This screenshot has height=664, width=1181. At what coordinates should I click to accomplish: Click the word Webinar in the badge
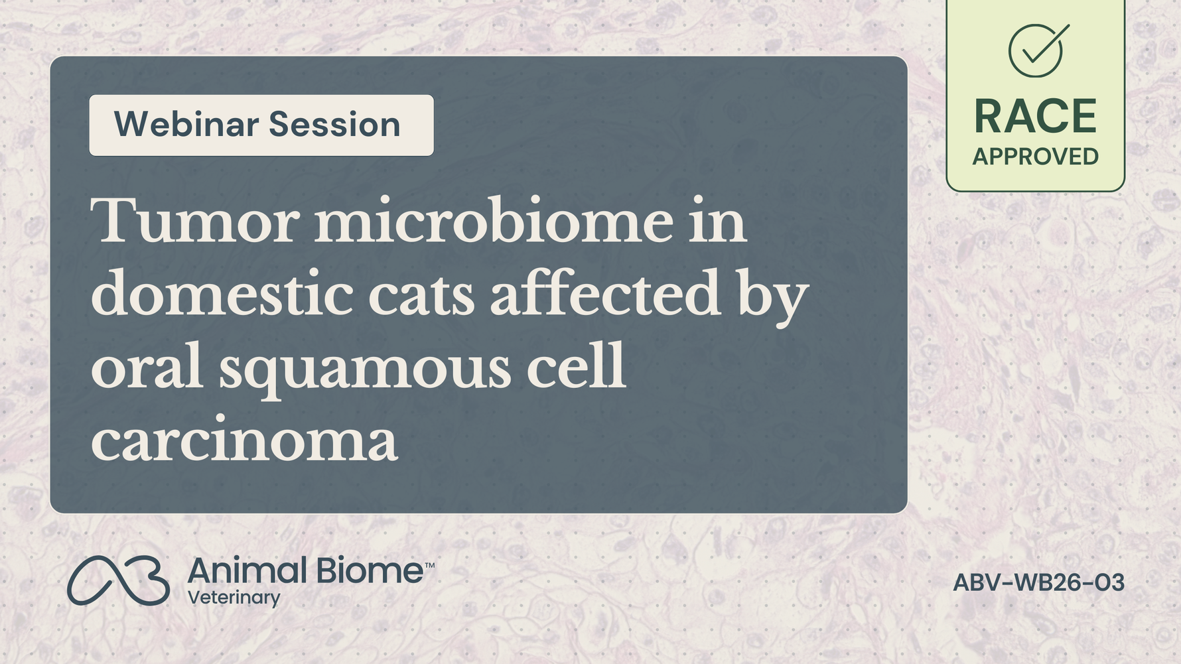[186, 124]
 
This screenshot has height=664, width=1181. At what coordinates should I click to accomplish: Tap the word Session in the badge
[334, 124]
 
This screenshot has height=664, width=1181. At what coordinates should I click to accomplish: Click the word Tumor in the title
[194, 220]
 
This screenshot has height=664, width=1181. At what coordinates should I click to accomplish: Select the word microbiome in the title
[493, 220]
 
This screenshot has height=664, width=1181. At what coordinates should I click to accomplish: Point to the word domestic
[222, 293]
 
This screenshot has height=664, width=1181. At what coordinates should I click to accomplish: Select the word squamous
[365, 371]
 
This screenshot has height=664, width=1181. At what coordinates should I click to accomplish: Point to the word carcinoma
[244, 440]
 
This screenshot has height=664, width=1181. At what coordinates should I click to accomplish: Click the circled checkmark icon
[1036, 50]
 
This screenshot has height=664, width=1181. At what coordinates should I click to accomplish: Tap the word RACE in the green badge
[1035, 117]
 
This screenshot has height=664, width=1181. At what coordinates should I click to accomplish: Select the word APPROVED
[1035, 157]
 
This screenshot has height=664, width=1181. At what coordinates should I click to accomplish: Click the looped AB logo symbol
[118, 580]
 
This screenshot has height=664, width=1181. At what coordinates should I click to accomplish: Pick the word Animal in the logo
[247, 570]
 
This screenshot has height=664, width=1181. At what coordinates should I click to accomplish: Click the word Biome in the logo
[370, 570]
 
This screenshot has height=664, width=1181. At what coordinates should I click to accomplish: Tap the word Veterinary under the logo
[234, 598]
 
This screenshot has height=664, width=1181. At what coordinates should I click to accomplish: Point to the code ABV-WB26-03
[1038, 583]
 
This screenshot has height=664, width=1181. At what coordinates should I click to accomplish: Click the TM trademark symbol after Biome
[429, 566]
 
